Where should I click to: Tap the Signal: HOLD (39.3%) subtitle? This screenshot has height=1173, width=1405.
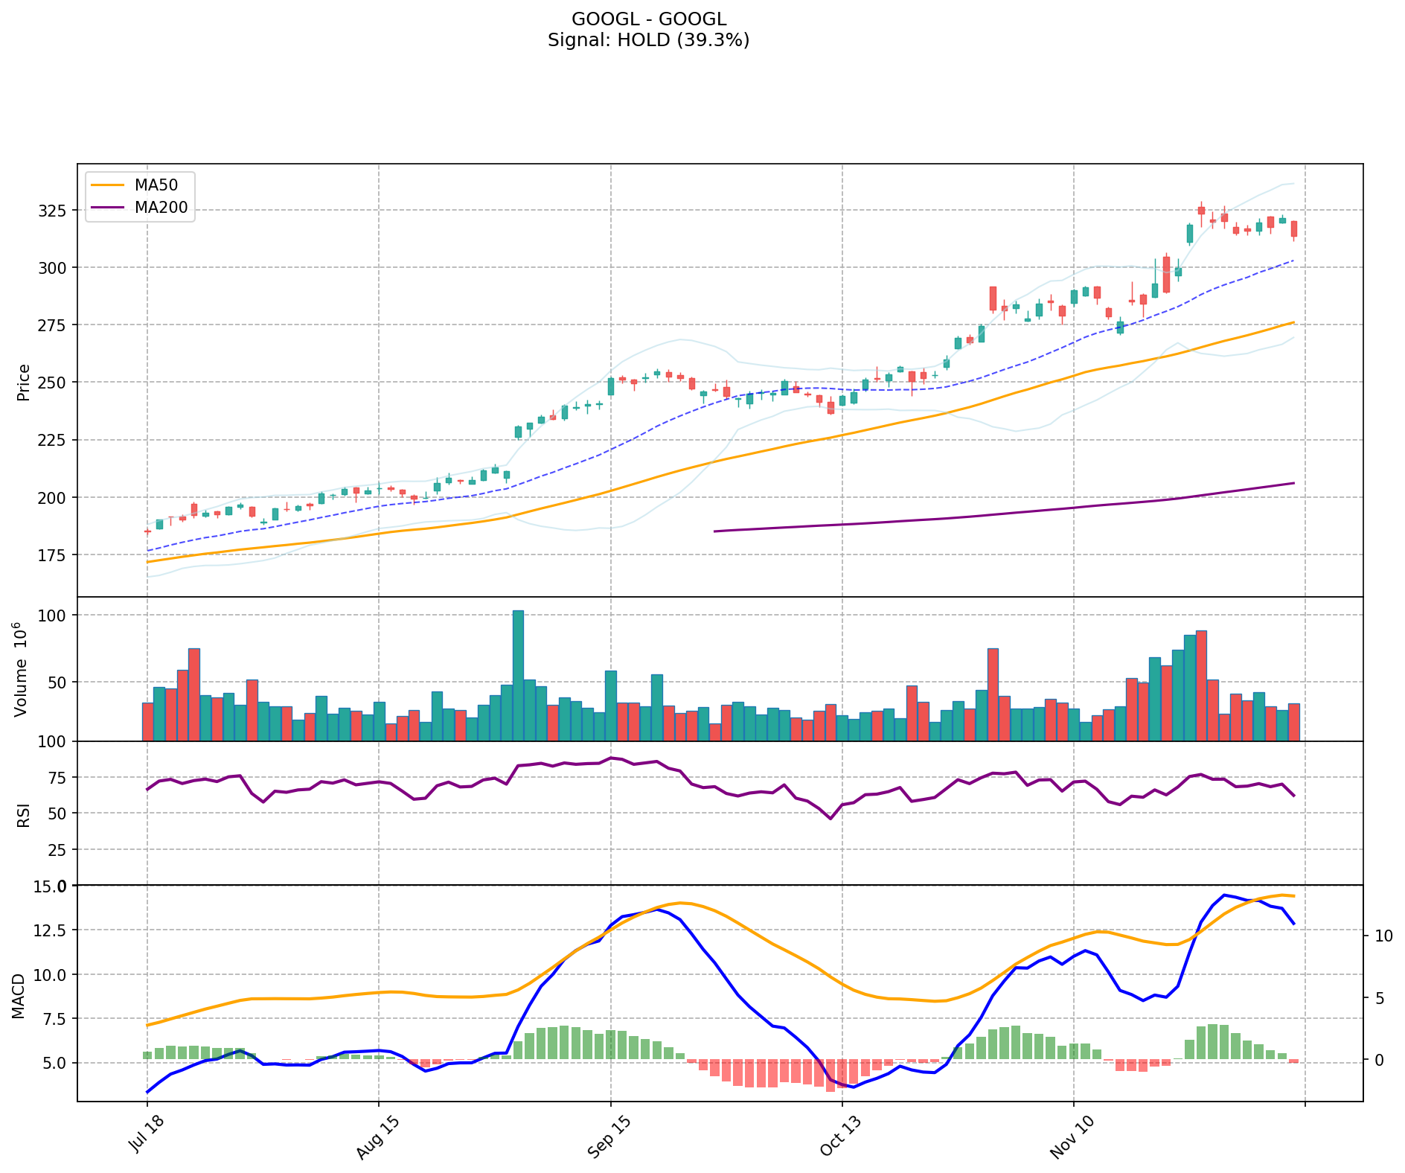point(648,40)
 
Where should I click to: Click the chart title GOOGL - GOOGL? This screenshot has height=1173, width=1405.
point(648,19)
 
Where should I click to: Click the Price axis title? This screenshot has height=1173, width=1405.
point(24,382)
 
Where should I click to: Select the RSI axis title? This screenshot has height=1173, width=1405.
point(24,814)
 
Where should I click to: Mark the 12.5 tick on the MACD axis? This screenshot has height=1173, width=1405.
point(52,930)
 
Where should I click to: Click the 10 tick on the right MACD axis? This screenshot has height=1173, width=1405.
point(1382,936)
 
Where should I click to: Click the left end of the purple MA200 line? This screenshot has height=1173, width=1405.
point(715,531)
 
